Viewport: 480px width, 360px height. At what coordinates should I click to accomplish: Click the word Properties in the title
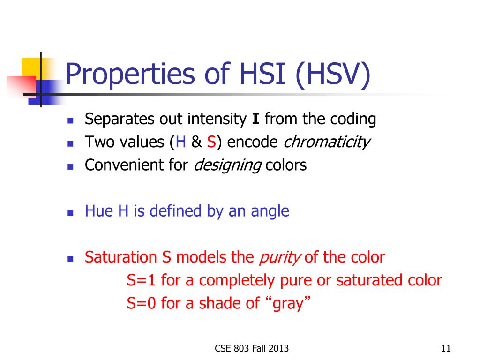coord(130,75)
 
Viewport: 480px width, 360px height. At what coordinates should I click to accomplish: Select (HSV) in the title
coord(333,75)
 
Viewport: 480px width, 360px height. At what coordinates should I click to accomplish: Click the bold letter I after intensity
coord(255,119)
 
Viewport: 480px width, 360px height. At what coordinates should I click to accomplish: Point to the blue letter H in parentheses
coord(181,142)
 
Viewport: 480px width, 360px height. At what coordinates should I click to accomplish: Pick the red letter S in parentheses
coord(211,142)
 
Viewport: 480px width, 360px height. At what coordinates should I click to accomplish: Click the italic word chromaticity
coord(327,142)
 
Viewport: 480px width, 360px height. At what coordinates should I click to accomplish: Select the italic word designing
coord(228,165)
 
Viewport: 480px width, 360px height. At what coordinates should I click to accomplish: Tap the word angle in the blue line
coord(270,211)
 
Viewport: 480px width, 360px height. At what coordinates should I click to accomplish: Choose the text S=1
coord(141,280)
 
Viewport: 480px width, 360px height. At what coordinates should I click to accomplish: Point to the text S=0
coord(141,303)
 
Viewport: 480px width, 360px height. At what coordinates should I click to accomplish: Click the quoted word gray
coord(288,304)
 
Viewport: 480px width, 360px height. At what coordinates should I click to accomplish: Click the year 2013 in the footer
coord(278,348)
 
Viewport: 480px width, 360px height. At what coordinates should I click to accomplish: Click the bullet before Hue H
coord(70,213)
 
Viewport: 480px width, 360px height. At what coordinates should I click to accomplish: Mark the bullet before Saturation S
coord(70,259)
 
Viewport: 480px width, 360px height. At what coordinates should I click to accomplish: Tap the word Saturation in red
coord(121,257)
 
